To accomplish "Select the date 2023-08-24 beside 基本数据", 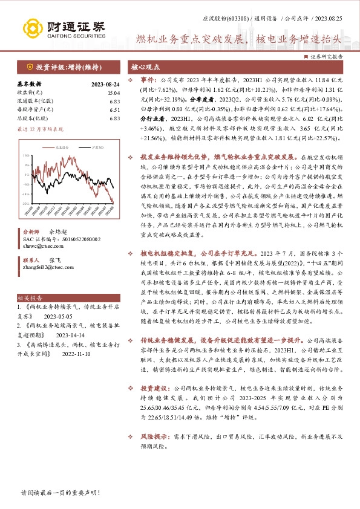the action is (x=105, y=85).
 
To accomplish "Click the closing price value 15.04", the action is (x=114, y=92).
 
